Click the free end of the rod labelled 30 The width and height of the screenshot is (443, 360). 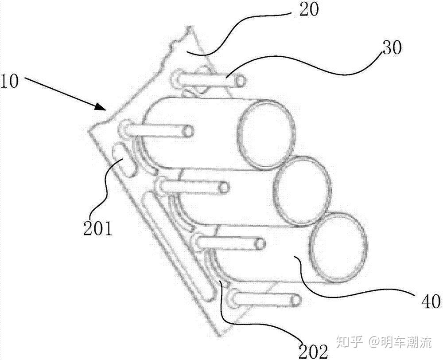click(241, 81)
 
